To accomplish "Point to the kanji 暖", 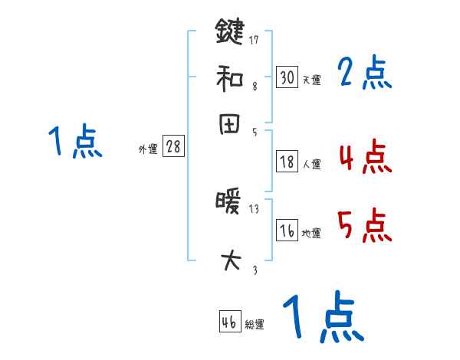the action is click(x=228, y=205).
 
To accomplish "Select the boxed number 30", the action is click(x=287, y=77).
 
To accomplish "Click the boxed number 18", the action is click(x=287, y=162).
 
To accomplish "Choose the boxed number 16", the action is click(x=287, y=231).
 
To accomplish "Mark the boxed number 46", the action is click(x=229, y=322).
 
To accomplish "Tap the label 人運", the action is click(x=312, y=164).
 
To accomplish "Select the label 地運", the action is click(x=312, y=234).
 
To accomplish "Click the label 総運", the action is click(x=255, y=325).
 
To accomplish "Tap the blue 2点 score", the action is click(x=364, y=74).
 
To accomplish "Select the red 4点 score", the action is click(x=364, y=159).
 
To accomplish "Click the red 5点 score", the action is click(x=364, y=226).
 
